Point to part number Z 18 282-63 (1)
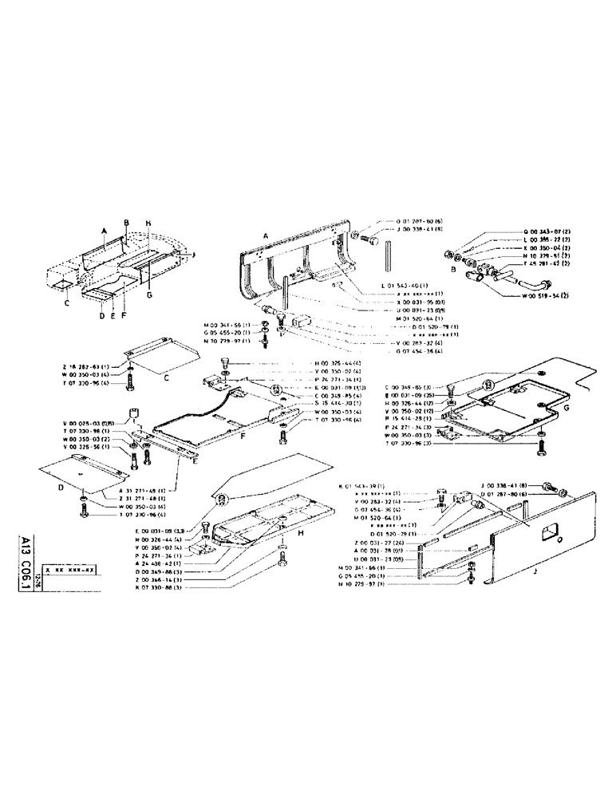79,365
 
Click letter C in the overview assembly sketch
68,303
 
